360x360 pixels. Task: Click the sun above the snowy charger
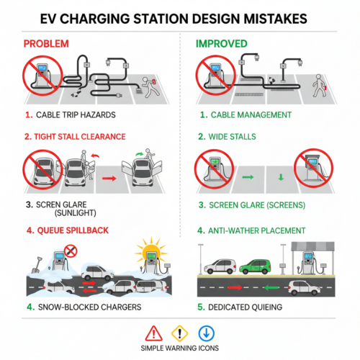tap(153, 253)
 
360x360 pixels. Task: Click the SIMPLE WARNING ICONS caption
tap(179, 348)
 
